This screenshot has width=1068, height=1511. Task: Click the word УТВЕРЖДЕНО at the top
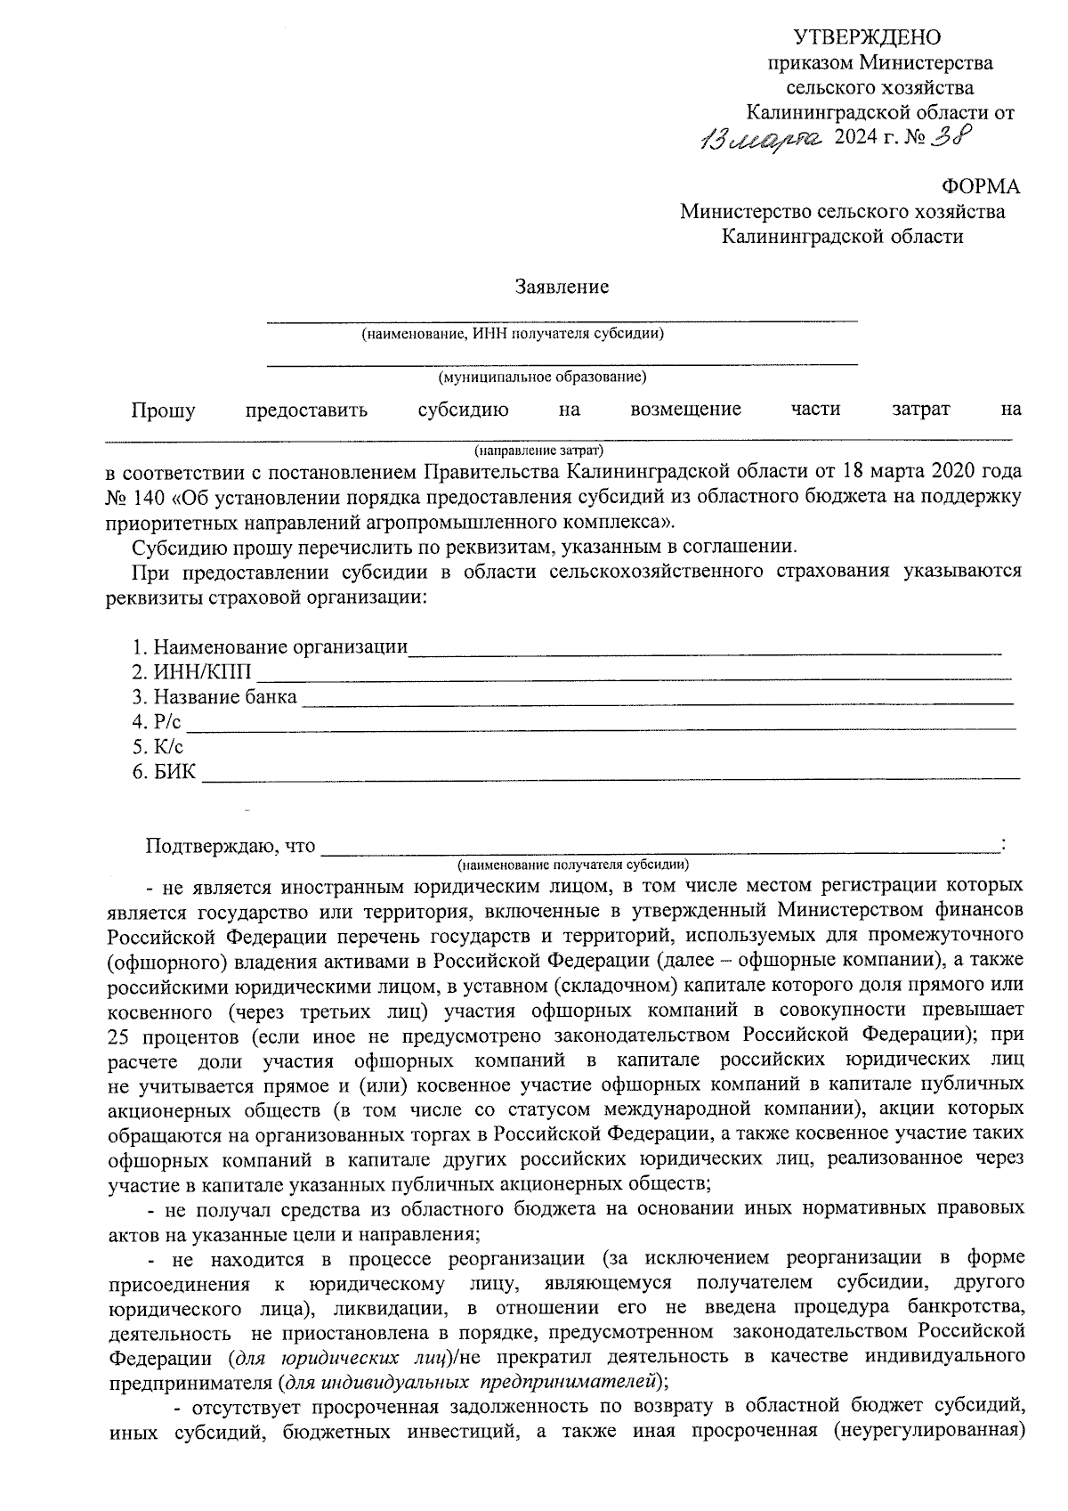point(867,37)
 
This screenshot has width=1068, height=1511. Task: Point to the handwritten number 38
point(950,136)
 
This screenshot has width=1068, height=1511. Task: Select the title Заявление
point(562,287)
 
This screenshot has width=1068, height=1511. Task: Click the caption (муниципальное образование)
point(542,378)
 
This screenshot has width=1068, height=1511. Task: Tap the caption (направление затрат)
point(538,450)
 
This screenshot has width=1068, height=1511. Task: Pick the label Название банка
point(225,697)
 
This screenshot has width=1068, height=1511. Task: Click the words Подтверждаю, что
point(231,846)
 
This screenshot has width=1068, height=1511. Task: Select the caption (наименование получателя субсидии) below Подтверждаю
point(573,865)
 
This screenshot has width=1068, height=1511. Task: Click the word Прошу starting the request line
point(163,410)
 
